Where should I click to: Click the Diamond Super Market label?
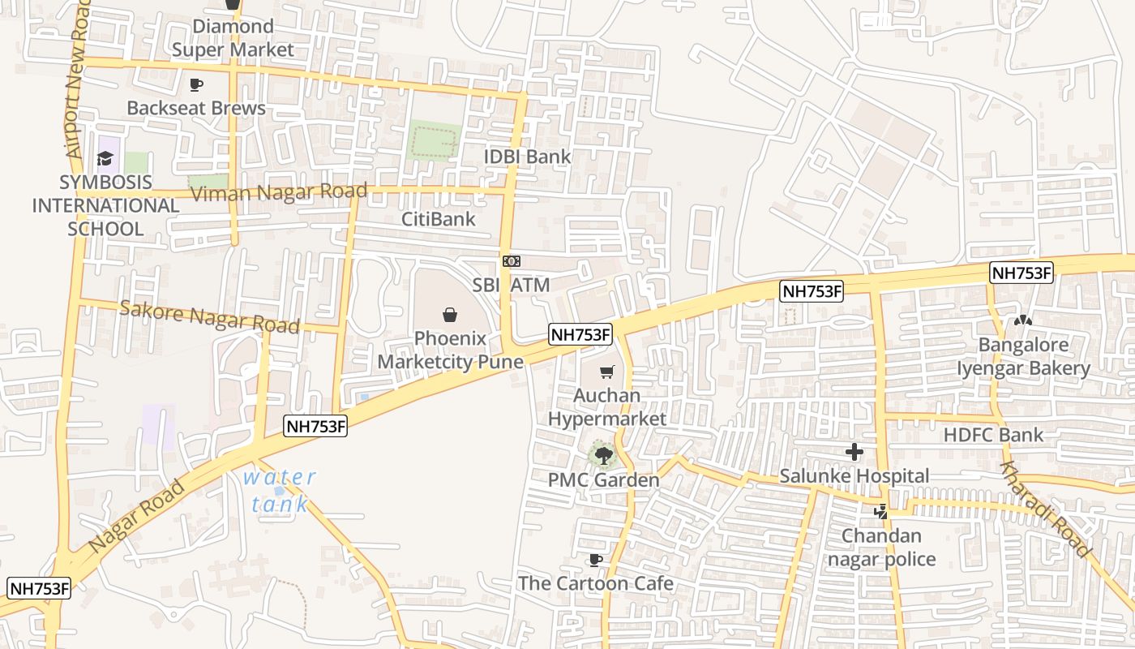(233, 38)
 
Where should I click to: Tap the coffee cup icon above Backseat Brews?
(195, 84)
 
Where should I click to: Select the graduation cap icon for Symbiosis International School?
(105, 158)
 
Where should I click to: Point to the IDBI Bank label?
(527, 157)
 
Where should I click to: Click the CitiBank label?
(439, 219)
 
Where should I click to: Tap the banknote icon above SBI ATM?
(511, 261)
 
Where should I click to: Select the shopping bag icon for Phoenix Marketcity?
(450, 315)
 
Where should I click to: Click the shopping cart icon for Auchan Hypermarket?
(606, 372)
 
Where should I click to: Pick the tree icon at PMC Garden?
(603, 455)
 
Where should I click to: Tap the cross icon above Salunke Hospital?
(854, 452)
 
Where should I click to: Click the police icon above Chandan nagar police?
(880, 512)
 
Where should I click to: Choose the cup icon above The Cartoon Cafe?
(595, 560)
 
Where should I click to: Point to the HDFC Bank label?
(993, 435)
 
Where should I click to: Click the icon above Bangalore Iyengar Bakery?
(1022, 321)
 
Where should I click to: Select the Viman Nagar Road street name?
(278, 192)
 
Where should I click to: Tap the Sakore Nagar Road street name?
(209, 316)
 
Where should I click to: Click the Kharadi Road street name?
(1045, 509)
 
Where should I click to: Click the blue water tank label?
(280, 490)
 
